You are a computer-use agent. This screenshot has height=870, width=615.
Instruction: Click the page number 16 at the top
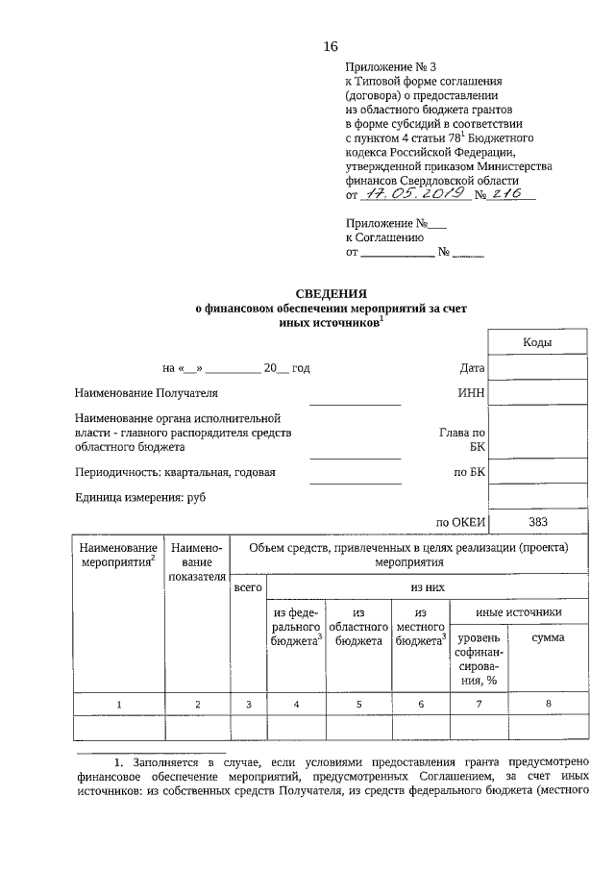pos(330,46)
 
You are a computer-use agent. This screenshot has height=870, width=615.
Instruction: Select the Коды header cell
pos(537,342)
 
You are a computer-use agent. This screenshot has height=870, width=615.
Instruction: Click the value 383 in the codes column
pos(537,522)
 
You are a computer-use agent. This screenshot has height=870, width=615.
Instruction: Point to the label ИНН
pos(472,393)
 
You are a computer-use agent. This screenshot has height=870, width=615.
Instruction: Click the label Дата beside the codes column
pos(472,367)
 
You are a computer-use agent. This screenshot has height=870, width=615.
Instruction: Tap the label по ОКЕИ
pos(459,523)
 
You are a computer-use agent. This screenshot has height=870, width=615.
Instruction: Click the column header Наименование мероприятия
pos(119,554)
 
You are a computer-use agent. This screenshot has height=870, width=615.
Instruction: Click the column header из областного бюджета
pos(358,626)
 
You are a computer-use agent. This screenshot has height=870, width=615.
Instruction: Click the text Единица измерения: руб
pos(140,497)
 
